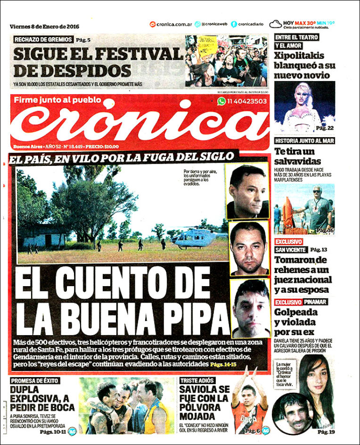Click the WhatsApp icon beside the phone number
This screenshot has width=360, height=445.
coord(221,101)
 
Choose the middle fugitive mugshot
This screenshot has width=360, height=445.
coord(249,248)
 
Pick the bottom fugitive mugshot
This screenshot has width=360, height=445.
coord(250,308)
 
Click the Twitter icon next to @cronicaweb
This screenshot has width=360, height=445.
coord(197,25)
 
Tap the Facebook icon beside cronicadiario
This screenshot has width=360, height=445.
coord(234,25)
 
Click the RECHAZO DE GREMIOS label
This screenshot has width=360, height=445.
coord(43,40)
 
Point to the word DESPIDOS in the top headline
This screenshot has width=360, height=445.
coord(72,71)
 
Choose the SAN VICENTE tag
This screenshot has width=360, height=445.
coord(290,249)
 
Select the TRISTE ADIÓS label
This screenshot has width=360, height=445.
coord(197,380)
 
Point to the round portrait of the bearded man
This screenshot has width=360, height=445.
coord(291,413)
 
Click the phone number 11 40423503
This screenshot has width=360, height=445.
coord(247,101)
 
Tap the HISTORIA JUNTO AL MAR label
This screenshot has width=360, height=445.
coord(304,140)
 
